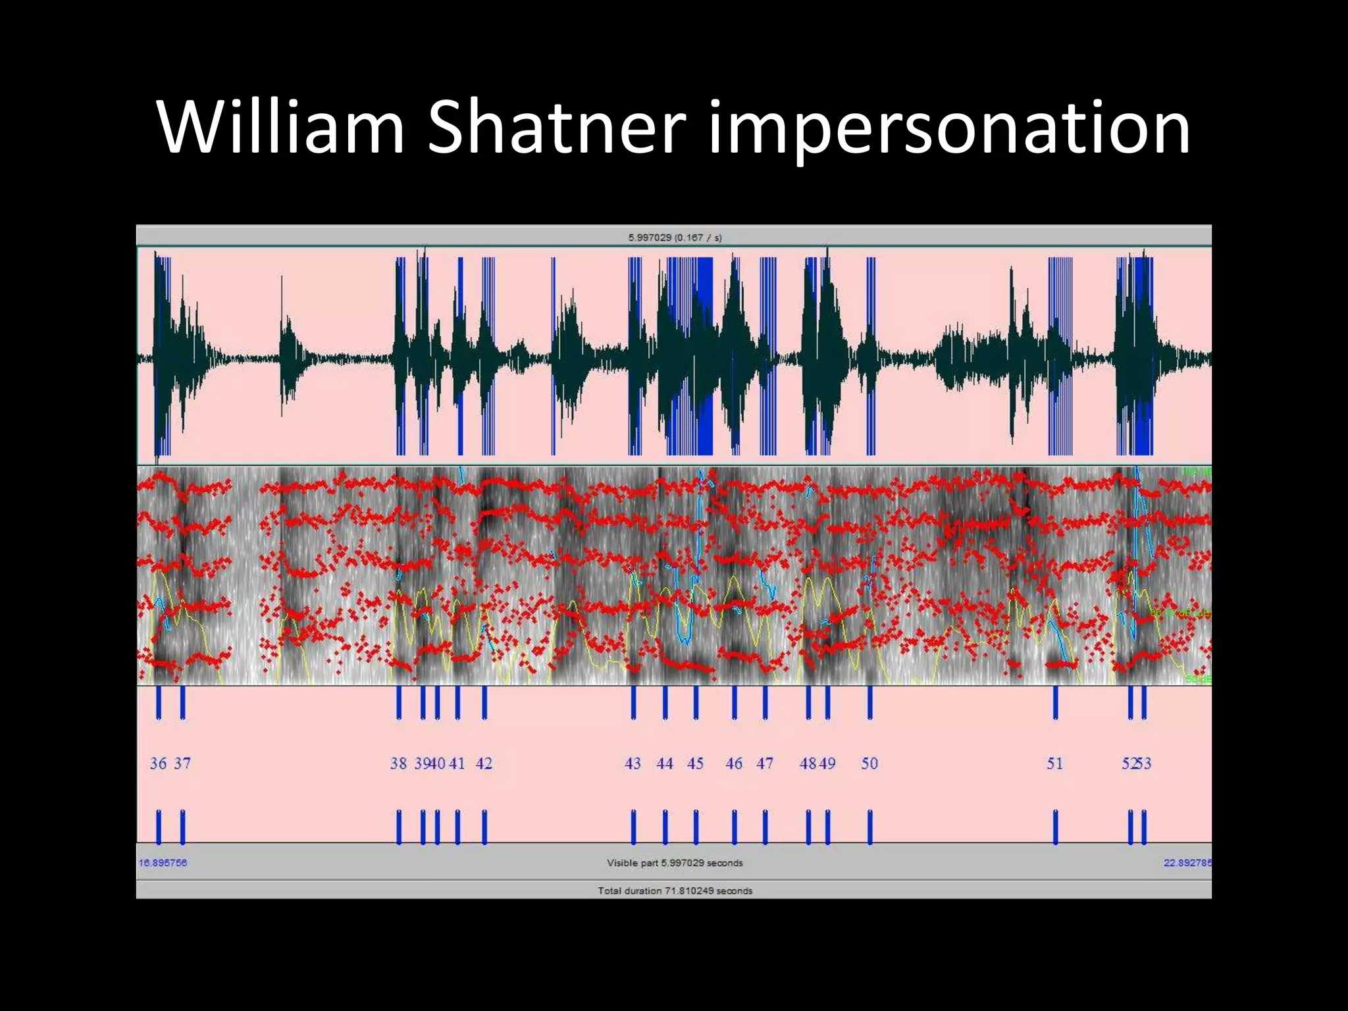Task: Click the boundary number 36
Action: tap(158, 764)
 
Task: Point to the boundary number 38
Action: tap(398, 764)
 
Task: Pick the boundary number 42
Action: tap(484, 764)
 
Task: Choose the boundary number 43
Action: tap(633, 764)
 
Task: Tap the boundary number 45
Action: tap(695, 764)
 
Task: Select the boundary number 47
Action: tap(764, 764)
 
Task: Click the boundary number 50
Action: tap(869, 764)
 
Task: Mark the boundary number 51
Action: tap(1054, 764)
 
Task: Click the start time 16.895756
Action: tap(163, 863)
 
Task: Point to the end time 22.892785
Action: tap(1187, 863)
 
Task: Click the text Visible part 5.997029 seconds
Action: tap(675, 863)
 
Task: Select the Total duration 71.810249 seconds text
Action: tap(675, 891)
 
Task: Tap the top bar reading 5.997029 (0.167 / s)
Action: tap(675, 238)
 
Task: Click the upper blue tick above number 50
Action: tap(869, 702)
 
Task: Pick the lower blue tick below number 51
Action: tap(1055, 827)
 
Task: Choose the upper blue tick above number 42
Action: tap(484, 702)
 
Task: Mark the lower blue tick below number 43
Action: tap(633, 827)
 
